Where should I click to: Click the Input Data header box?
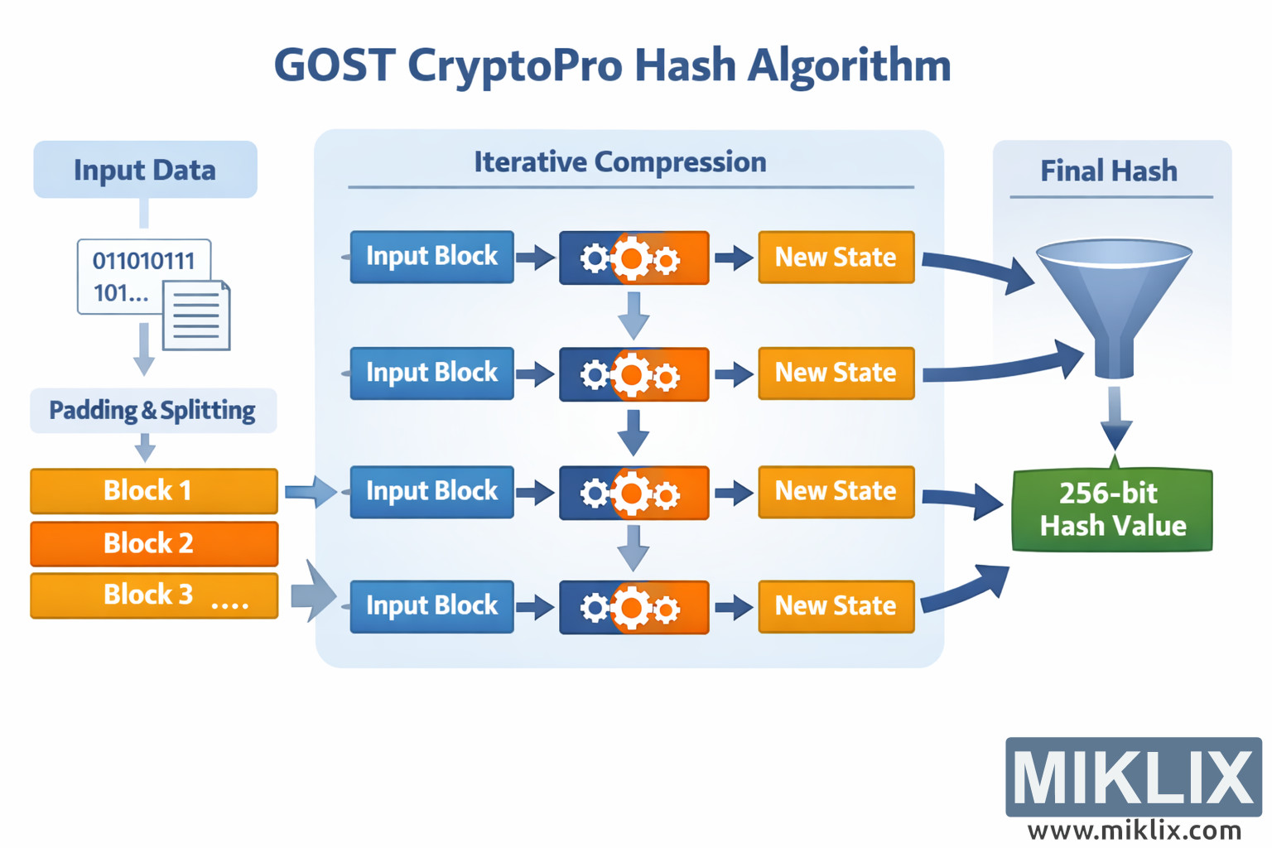pos(145,170)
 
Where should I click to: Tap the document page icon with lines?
pos(196,316)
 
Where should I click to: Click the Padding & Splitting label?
pos(152,410)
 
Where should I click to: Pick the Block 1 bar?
pos(154,490)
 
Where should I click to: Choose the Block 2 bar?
pos(154,543)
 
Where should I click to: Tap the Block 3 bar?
pos(154,595)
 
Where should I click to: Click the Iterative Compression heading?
pos(619,162)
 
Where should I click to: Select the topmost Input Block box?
pos(431,257)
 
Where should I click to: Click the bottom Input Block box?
pos(431,606)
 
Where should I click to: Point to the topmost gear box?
pos(634,258)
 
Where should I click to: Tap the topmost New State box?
pos(836,258)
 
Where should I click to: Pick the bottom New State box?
pos(836,606)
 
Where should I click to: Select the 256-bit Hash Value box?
pos(1112,510)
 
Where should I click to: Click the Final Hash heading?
pos(1109,171)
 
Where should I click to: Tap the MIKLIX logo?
pos(1133,777)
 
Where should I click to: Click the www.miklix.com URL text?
pos(1134,830)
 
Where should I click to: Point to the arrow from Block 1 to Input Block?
pos(310,492)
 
